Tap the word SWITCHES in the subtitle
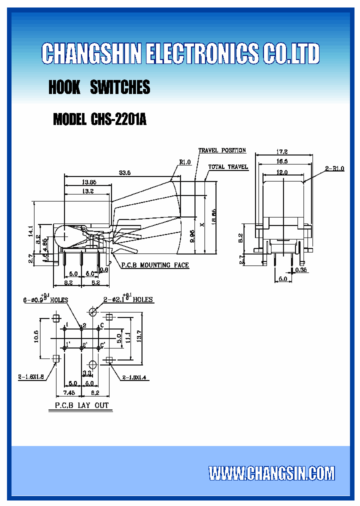point(120,87)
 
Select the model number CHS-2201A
point(118,120)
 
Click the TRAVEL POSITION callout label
point(222,150)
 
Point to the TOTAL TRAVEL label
point(228,167)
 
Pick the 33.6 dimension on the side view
point(124,173)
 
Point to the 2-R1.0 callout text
point(334,169)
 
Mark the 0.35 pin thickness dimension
point(301,270)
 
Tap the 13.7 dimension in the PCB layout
point(140,338)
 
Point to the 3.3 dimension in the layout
point(86,373)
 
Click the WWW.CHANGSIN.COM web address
point(271,473)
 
